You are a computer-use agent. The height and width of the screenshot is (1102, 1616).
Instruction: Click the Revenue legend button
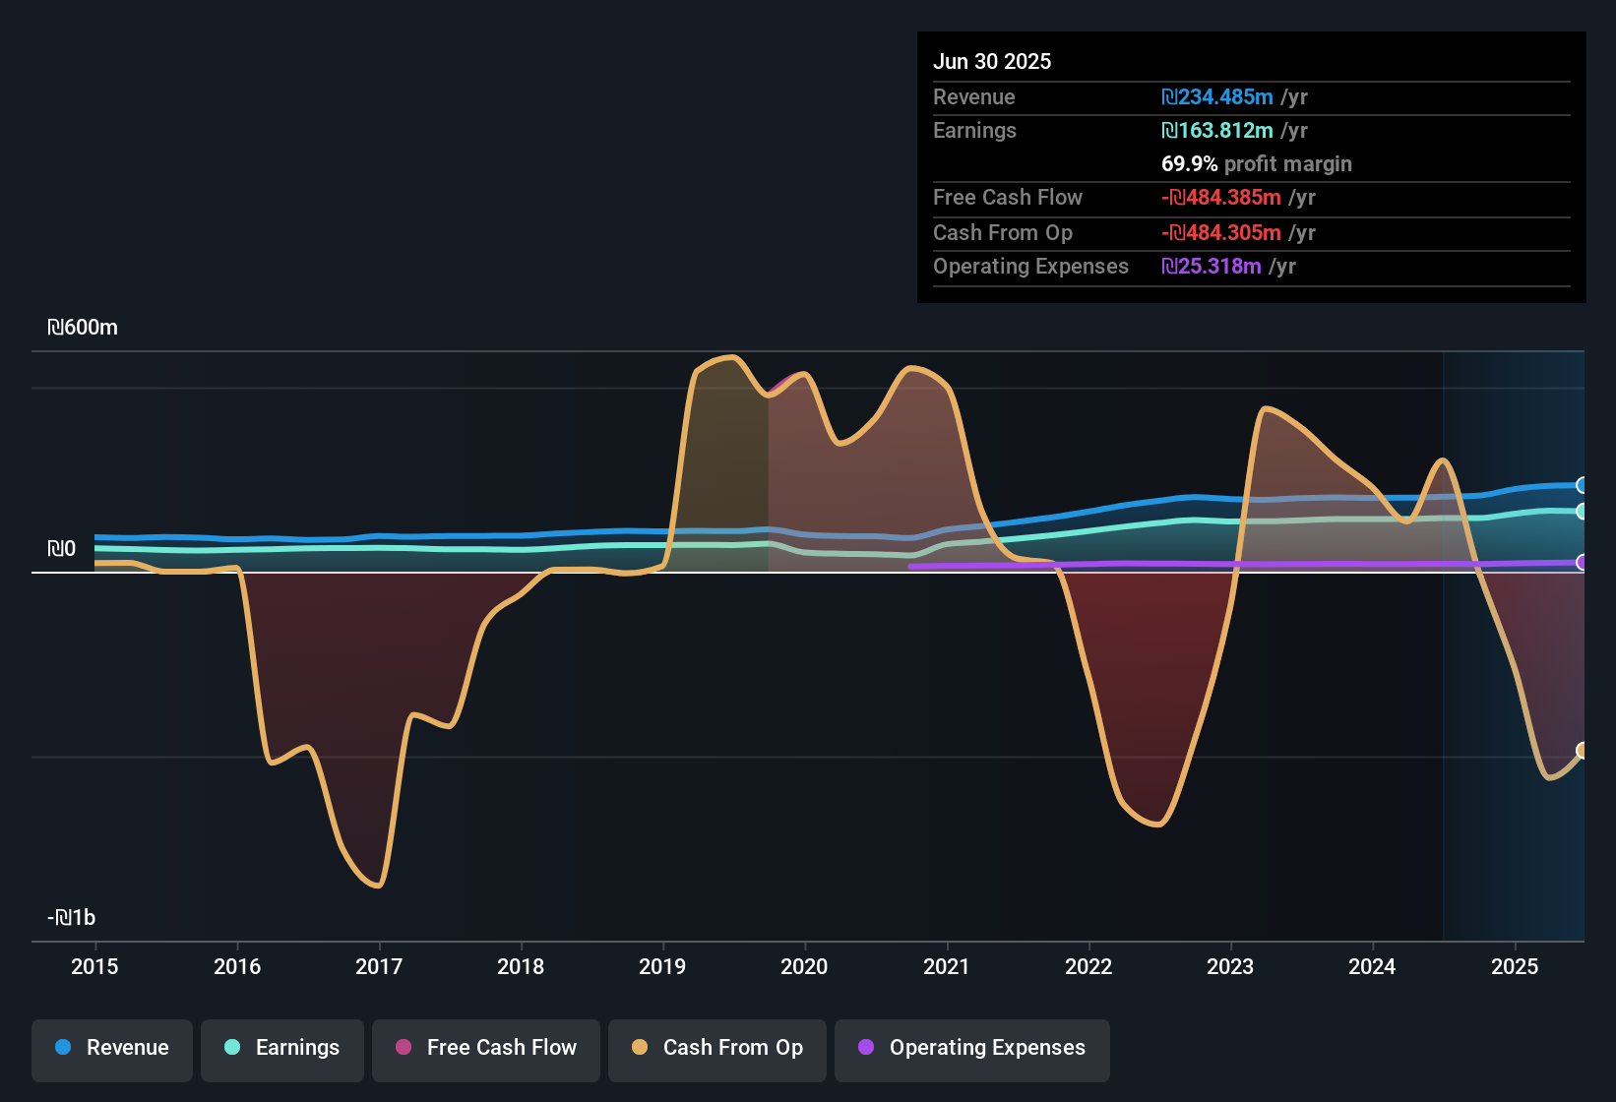(112, 1049)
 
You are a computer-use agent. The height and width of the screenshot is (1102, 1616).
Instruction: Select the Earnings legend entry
(282, 1049)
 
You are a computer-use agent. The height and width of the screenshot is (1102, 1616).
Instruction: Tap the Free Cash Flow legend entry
(486, 1049)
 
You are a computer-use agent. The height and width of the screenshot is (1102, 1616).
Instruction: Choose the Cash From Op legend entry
(717, 1049)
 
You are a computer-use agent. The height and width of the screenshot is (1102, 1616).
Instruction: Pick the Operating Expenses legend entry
(972, 1049)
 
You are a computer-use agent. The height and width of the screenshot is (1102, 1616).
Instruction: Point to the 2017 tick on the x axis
(379, 966)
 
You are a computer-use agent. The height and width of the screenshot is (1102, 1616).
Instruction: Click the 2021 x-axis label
(946, 966)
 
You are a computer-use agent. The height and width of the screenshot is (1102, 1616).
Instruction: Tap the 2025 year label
(1514, 966)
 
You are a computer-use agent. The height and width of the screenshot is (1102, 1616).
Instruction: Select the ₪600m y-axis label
(83, 328)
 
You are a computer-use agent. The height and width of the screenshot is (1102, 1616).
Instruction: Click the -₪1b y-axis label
(72, 918)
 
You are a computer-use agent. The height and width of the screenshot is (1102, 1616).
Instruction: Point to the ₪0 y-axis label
(62, 549)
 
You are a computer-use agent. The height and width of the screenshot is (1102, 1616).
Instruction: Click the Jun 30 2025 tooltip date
(992, 62)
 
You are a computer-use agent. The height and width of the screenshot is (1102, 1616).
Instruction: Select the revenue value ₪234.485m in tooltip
(1217, 97)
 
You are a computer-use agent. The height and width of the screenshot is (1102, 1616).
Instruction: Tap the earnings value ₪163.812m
(1217, 131)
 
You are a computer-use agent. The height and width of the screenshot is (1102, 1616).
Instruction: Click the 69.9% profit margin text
(1256, 164)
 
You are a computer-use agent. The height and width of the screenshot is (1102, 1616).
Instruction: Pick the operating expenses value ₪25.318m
(1212, 267)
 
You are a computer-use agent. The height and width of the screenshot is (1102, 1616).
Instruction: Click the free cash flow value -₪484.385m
(1221, 198)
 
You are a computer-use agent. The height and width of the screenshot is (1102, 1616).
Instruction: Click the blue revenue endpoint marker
(1582, 485)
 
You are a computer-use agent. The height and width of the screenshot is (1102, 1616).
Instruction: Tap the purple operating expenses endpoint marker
(1582, 563)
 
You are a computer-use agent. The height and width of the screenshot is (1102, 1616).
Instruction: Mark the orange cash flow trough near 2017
(378, 886)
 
